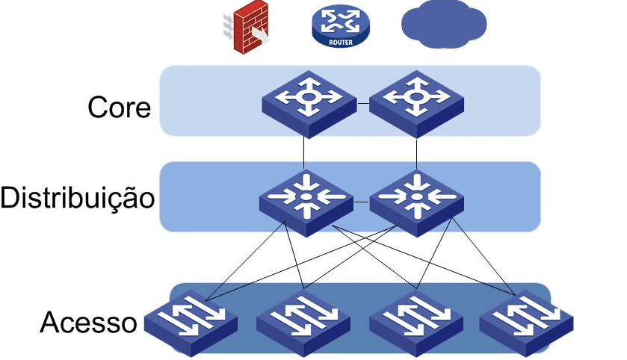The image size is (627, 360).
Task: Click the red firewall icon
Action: pyautogui.click(x=250, y=31)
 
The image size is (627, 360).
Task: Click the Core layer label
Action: pyautogui.click(x=120, y=108)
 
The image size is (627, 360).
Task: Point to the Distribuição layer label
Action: pyautogui.click(x=78, y=199)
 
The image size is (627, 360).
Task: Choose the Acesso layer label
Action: pyautogui.click(x=88, y=323)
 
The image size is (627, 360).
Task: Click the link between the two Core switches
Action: pyautogui.click(x=363, y=103)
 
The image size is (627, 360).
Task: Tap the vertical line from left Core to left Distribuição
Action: pyautogui.click(x=305, y=153)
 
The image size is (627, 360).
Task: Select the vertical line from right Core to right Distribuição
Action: pyautogui.click(x=416, y=153)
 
